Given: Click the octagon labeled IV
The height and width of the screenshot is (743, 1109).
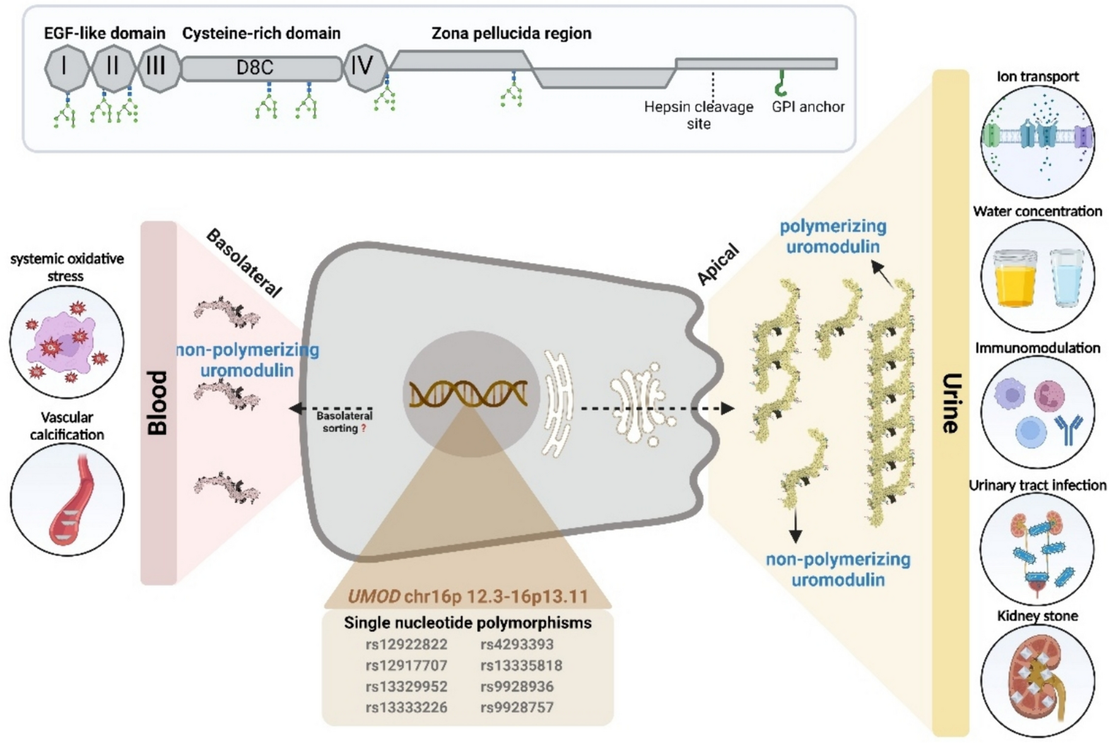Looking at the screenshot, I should click(363, 66).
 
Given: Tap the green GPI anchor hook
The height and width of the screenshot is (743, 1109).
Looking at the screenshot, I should click(781, 83).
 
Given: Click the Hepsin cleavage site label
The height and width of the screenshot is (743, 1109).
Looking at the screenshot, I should click(698, 115).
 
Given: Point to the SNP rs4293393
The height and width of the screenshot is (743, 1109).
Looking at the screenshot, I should click(517, 645).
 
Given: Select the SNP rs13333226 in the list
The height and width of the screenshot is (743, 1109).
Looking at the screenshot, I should click(406, 708).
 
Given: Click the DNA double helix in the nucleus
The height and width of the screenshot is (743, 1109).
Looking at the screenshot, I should click(468, 394).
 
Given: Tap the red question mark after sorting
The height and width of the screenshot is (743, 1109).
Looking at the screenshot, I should click(363, 429).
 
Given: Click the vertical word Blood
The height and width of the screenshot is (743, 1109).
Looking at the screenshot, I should click(158, 402).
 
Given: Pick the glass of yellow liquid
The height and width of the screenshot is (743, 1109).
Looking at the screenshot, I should click(1015, 278).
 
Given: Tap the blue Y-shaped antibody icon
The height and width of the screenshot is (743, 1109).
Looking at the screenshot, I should click(1068, 429).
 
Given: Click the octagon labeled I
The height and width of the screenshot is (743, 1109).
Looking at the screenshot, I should click(65, 68).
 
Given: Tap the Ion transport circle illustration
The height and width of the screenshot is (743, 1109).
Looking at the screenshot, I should click(1037, 142).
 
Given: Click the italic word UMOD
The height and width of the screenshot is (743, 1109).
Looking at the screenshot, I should click(374, 597).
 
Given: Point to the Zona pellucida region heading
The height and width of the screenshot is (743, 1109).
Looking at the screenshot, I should click(511, 33).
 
